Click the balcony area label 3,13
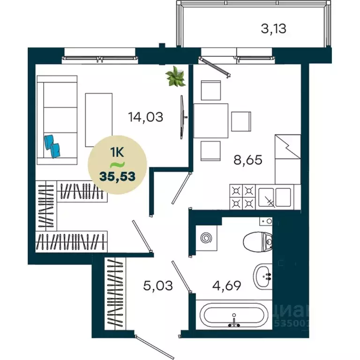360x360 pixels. tap(273, 29)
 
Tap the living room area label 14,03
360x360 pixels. tap(146, 116)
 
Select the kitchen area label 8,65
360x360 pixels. tap(247, 159)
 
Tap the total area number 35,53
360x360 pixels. tap(118, 177)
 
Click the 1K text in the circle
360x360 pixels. tap(118, 152)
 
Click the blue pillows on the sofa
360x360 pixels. tap(52, 145)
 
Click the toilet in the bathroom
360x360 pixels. tap(258, 241)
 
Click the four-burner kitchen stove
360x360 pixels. tap(243, 197)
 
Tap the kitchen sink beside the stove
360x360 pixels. tap(275, 197)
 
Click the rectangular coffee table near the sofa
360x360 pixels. tap(99, 120)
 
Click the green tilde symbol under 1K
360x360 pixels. tap(117, 165)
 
